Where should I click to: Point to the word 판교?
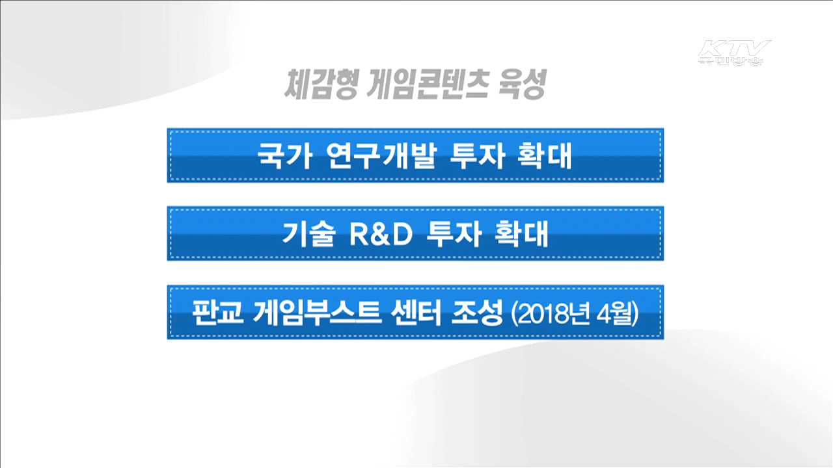pos(217,313)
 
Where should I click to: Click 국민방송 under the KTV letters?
pos(731,60)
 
